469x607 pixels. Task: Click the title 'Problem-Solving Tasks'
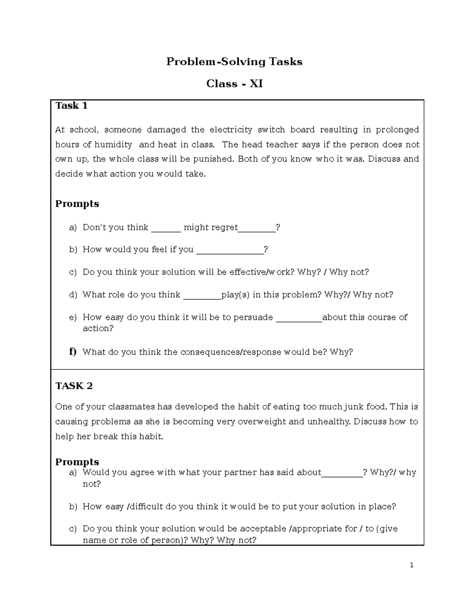(234, 62)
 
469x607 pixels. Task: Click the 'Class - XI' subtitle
(234, 84)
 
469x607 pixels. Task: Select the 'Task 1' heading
(72, 106)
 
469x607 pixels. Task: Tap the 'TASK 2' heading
(74, 386)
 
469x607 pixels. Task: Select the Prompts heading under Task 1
(77, 204)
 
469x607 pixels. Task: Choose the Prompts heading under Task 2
(77, 462)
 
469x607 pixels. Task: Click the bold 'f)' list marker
(73, 352)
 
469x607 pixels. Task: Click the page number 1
(412, 565)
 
